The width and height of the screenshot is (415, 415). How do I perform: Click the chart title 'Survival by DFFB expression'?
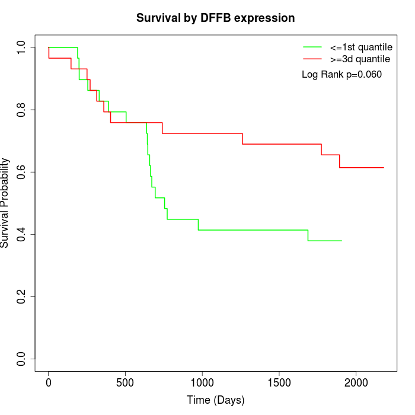tap(215, 18)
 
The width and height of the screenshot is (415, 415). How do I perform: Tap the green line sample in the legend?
tap(312, 47)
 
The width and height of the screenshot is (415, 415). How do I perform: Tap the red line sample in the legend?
tap(312, 59)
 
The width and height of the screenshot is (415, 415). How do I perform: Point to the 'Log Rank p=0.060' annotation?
tap(341, 75)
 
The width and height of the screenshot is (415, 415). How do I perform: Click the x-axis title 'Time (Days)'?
tap(215, 400)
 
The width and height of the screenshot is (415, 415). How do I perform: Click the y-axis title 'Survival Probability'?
tap(5, 203)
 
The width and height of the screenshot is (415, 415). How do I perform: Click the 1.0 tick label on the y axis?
tap(21, 47)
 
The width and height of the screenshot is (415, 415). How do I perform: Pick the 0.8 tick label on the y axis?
tap(21, 110)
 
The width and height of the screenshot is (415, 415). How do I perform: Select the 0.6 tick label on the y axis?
tap(21, 172)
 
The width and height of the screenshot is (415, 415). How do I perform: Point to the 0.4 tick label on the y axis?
tap(21, 234)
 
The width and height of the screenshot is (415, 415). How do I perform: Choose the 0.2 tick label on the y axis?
tap(21, 296)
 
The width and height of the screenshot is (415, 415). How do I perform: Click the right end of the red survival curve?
tap(384, 168)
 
